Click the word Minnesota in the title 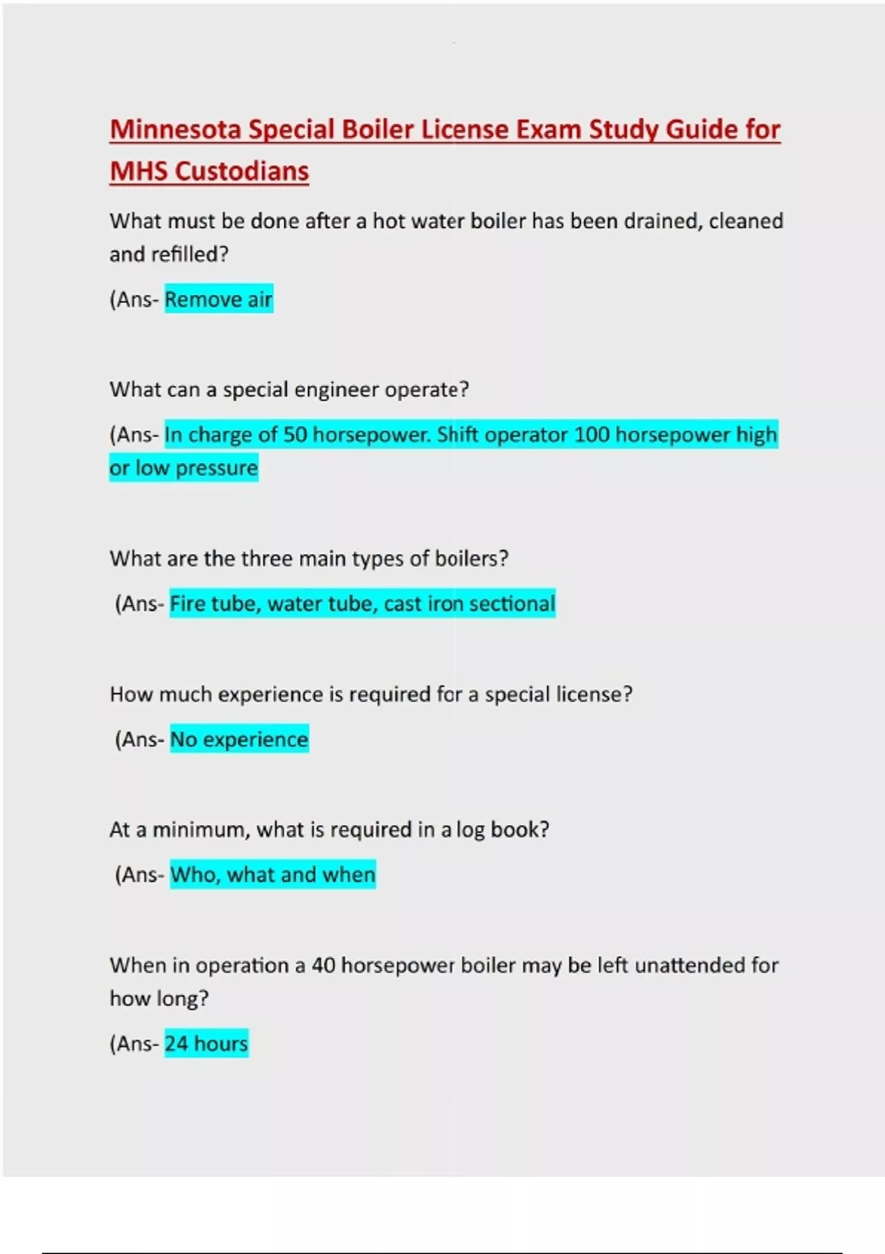176,130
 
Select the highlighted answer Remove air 218,299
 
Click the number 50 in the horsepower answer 295,434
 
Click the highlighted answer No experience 239,739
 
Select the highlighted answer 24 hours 206,1044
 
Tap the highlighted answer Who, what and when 273,875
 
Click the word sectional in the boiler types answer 512,603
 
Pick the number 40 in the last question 323,966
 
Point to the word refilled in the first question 189,254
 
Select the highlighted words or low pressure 184,468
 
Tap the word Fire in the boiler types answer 187,603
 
